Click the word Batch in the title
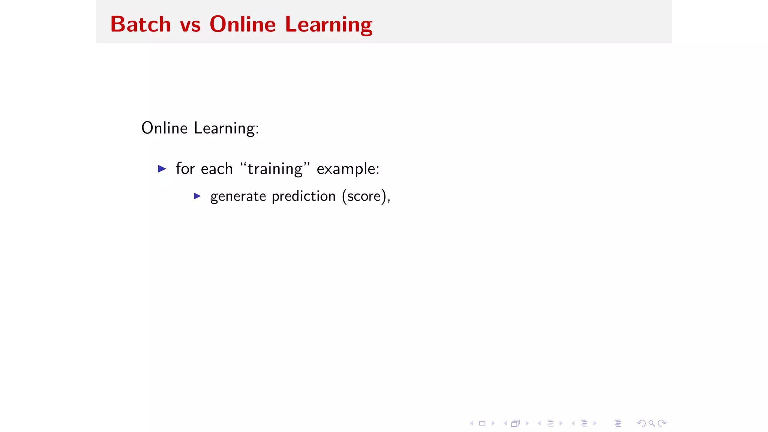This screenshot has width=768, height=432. coord(141,24)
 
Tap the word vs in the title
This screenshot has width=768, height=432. coord(190,25)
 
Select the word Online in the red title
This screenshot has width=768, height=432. coord(243,24)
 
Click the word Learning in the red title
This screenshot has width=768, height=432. coord(328,25)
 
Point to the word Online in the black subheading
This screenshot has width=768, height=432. coord(164,128)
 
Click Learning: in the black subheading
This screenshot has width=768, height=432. coord(226,129)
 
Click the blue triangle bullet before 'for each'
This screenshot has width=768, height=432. coord(162,169)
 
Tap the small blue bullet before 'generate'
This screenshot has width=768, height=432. coord(197,196)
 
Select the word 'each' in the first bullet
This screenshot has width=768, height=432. coord(217,169)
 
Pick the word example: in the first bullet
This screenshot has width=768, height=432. coord(348,169)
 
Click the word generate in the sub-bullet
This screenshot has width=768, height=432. coord(238,196)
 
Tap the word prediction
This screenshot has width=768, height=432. coord(303,196)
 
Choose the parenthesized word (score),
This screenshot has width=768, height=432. coord(366,196)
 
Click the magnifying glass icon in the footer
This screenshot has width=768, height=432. coord(652,423)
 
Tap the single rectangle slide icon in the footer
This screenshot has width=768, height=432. coord(482,423)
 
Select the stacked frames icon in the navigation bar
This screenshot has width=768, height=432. coord(516,423)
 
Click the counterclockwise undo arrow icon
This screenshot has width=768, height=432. coord(641,423)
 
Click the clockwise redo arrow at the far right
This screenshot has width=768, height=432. coord(662,423)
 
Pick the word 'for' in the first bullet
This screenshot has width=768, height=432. coord(185,169)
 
